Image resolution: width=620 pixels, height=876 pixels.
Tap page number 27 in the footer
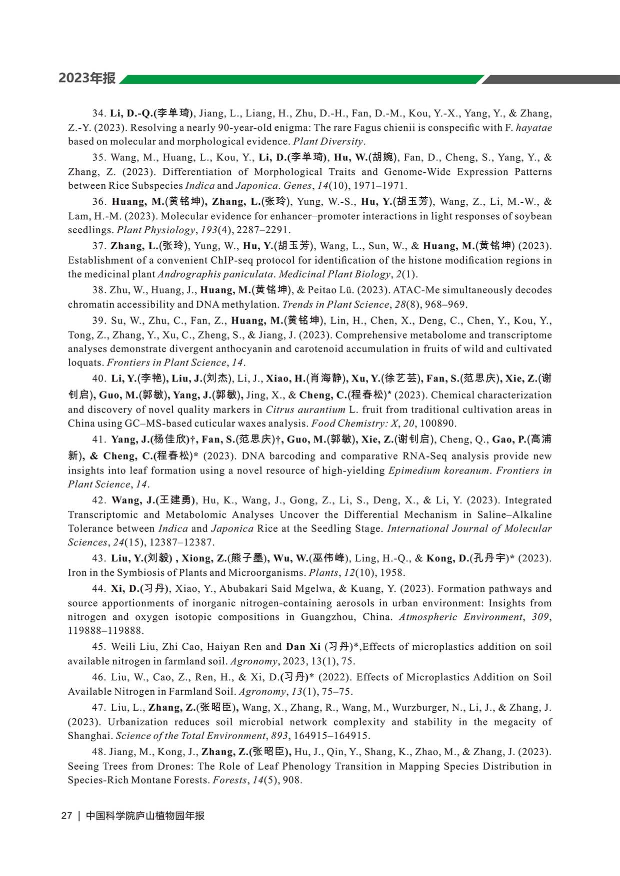coord(66,816)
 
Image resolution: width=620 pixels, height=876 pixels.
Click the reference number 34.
coord(98,113)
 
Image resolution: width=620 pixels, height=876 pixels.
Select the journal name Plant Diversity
coord(328,141)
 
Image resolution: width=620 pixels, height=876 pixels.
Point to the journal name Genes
coord(297,186)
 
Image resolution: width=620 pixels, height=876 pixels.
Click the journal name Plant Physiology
coord(156,230)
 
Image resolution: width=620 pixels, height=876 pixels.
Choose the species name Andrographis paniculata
coord(215,274)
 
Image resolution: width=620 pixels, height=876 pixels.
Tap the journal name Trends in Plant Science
coord(335,305)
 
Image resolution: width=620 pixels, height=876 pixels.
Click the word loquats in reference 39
coord(85,363)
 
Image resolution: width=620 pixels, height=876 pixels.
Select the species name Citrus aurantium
coord(305,410)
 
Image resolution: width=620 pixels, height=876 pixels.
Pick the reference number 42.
coord(98,500)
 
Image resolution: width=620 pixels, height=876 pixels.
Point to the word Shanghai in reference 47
coord(89,736)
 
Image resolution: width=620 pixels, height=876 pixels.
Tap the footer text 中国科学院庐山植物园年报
coord(145,816)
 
